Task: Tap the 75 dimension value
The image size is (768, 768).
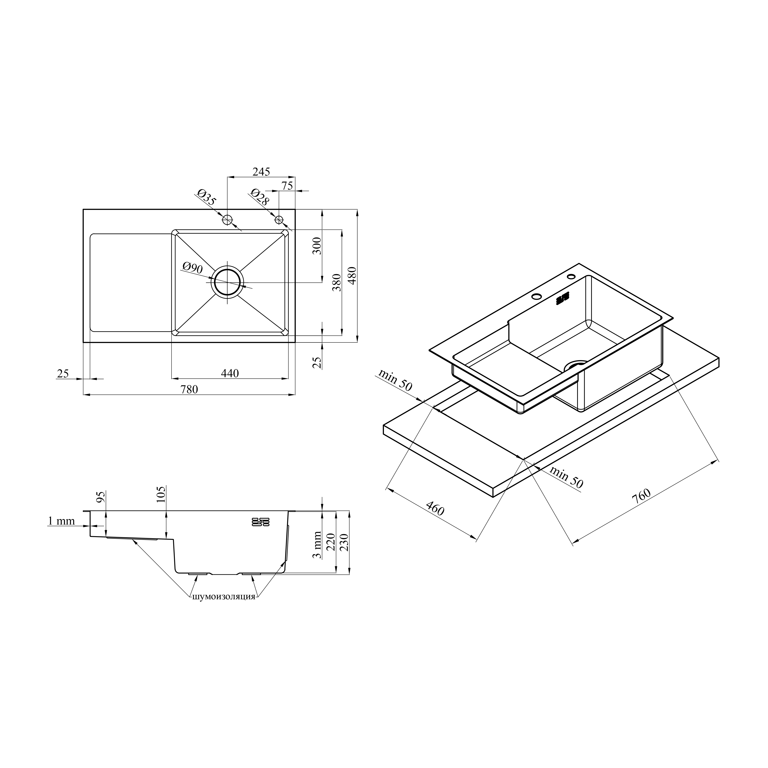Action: tap(287, 186)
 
